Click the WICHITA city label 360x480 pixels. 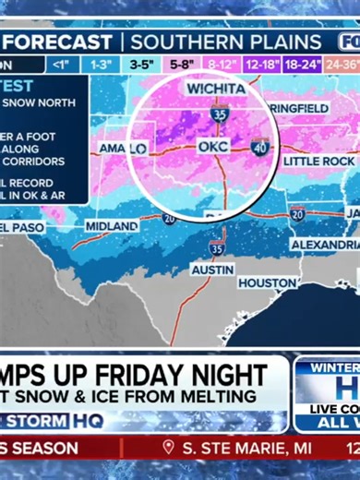[216, 89]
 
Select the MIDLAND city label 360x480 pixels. [112, 226]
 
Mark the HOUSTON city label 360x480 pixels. [267, 282]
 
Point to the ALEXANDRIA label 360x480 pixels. [325, 245]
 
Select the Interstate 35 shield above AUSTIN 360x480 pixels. [216, 247]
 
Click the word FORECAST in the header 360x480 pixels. [64, 42]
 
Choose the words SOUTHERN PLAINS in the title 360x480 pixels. [226, 42]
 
